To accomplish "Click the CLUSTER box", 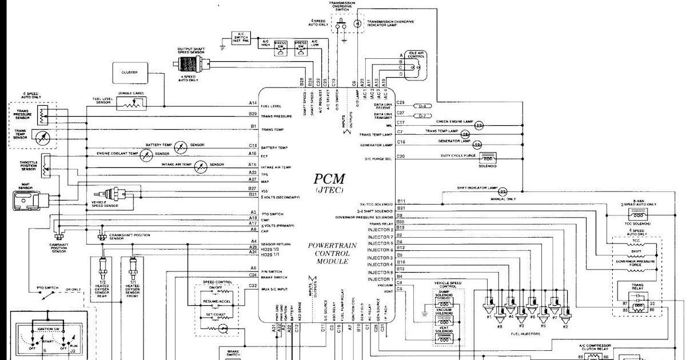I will click(x=130, y=73).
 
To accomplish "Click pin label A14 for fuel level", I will click(x=253, y=103).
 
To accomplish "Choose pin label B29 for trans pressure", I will click(x=253, y=114).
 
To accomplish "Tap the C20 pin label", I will click(x=401, y=156).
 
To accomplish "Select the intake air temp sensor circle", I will click(x=200, y=166).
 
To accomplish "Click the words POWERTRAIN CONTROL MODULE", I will click(x=328, y=253).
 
